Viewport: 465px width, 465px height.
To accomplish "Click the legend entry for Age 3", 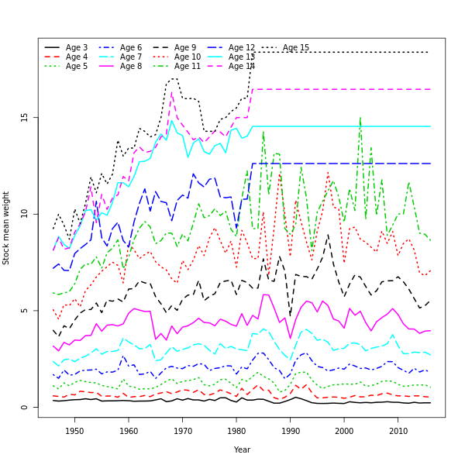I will click(76, 48).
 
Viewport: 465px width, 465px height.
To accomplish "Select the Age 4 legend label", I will click(76, 57).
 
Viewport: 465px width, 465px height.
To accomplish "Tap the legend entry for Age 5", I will click(76, 67).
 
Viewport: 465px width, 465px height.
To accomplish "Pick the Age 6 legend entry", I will click(130, 48).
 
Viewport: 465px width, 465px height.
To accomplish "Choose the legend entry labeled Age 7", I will click(130, 57).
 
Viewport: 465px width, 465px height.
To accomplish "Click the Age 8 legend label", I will click(130, 67).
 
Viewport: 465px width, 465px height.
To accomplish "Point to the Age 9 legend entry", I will click(184, 48).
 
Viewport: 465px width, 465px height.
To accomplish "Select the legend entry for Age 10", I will click(187, 57).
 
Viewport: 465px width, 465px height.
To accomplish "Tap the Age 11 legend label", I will click(187, 67).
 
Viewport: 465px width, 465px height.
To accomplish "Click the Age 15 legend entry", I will click(295, 48).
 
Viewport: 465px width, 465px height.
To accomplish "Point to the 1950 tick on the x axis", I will click(75, 431).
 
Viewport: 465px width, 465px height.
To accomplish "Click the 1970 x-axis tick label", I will click(183, 431).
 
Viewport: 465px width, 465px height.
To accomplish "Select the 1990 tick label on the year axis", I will click(291, 431).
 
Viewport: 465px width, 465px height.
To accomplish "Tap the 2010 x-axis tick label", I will click(398, 431).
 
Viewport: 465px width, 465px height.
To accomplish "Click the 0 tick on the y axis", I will click(25, 408).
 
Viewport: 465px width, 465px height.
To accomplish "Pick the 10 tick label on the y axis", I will click(25, 214).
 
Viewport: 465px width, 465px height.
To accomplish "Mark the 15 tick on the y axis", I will click(25, 117).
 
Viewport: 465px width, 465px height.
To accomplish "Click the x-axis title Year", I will click(242, 449).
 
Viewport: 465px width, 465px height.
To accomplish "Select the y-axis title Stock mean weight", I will click(7, 228).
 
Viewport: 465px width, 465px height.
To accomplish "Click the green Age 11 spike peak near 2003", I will click(360, 118).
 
